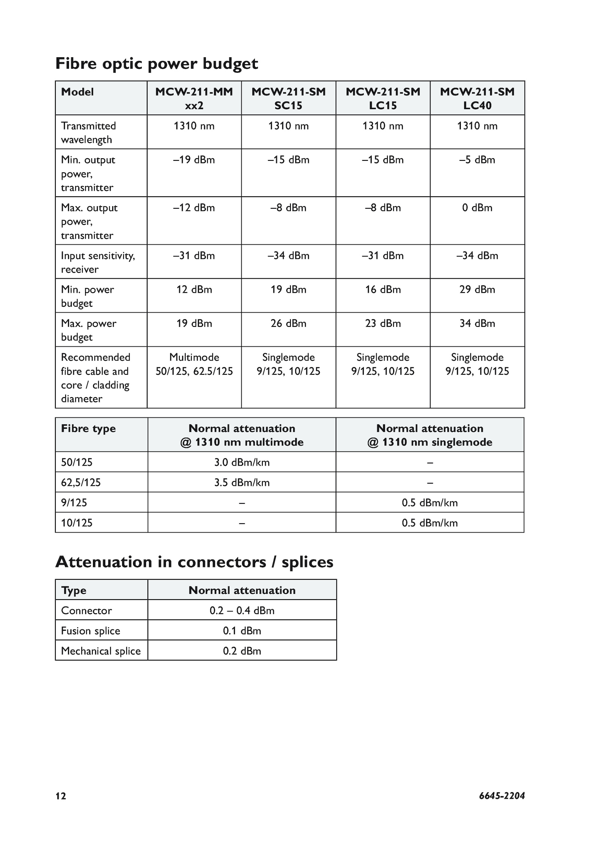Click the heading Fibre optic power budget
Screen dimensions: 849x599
point(156,64)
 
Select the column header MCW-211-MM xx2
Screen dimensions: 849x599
point(194,98)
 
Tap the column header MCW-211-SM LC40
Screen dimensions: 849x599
point(477,98)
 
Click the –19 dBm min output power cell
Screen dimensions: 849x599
point(194,160)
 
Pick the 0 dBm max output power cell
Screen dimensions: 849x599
point(477,208)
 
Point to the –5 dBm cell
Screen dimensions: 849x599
point(477,160)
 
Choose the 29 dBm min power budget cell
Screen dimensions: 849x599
point(477,289)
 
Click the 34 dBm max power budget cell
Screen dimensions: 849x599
point(477,324)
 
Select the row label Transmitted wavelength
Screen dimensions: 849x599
point(88,132)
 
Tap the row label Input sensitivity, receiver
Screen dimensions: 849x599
point(98,262)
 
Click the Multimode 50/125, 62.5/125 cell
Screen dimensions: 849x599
point(194,364)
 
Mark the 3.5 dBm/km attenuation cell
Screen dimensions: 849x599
point(242,482)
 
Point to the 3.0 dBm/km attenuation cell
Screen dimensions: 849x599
point(242,462)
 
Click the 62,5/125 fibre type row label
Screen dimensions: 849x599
point(81,482)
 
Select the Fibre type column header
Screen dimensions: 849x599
point(88,429)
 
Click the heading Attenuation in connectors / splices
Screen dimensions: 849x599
point(194,562)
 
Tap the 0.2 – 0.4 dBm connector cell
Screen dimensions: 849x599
point(242,610)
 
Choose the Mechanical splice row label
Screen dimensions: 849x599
point(101,651)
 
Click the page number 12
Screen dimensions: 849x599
point(61,796)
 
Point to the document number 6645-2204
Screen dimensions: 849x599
point(502,796)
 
